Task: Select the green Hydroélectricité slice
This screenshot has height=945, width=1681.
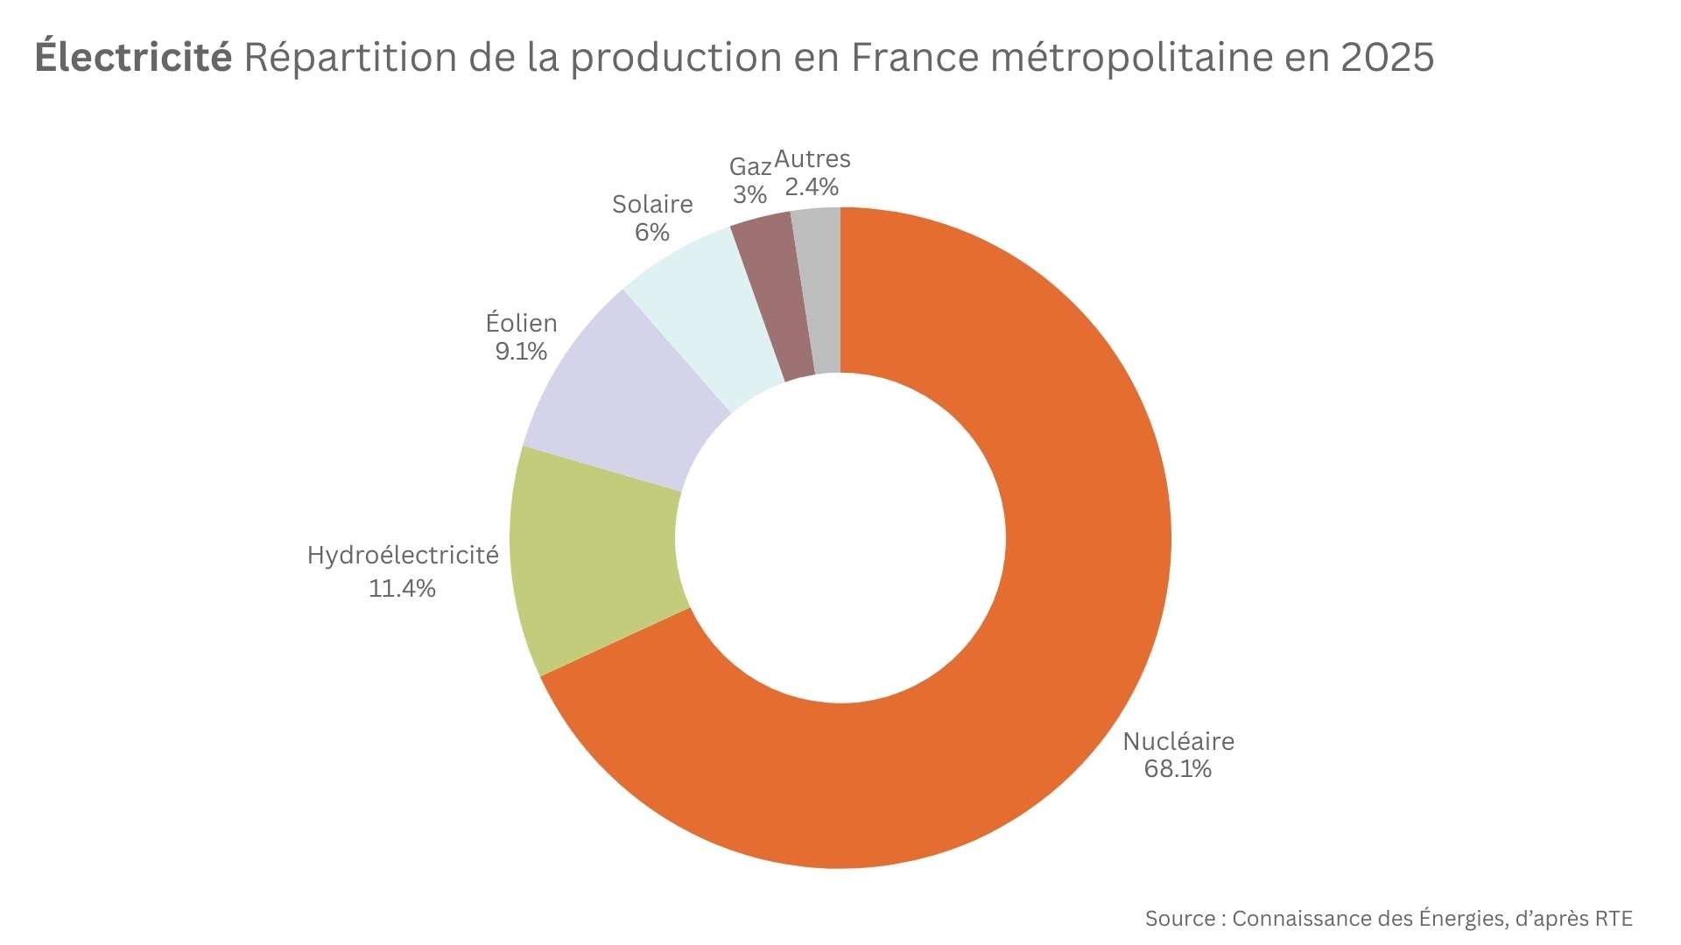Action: [595, 560]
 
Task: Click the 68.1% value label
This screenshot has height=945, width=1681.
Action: [1178, 769]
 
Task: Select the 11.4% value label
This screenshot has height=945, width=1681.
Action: [402, 588]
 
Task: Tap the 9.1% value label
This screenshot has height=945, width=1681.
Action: [521, 351]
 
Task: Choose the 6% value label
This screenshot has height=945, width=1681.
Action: [652, 232]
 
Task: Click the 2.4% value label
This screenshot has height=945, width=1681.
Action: [812, 186]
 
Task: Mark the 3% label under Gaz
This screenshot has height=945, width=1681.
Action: [749, 194]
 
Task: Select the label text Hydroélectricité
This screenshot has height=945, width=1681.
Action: [403, 555]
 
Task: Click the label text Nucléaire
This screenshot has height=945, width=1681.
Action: [1178, 741]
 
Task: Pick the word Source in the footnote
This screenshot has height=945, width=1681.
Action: [1179, 919]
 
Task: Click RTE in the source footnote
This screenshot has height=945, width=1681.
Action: [1614, 919]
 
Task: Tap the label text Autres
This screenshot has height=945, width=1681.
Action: [812, 159]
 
